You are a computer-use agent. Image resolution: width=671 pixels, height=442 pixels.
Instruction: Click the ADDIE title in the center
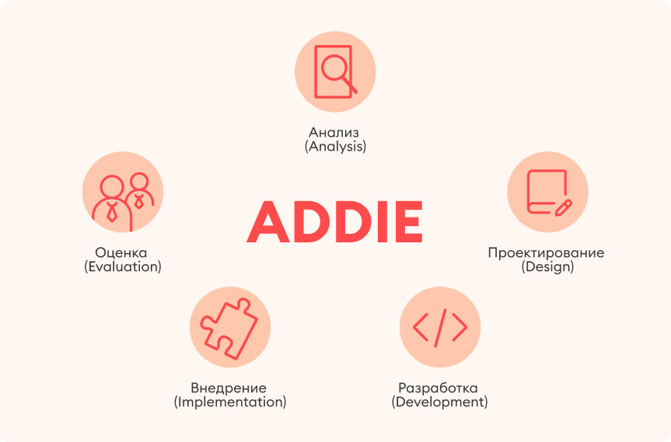335,222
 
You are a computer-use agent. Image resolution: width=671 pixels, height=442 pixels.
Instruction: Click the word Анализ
334,131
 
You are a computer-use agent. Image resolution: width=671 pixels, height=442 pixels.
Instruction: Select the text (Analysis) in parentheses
335,146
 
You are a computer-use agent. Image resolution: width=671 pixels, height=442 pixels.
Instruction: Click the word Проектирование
546,252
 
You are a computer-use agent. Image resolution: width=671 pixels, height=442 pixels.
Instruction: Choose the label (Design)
547,266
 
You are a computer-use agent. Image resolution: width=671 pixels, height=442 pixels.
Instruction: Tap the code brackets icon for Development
439,329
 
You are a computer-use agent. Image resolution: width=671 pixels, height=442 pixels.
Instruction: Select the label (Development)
439,402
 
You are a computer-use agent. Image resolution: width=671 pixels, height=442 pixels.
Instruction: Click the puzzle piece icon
229,325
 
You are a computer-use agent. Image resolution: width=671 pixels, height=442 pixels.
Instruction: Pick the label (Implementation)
230,402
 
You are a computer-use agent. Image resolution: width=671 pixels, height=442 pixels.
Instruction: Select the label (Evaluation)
122,266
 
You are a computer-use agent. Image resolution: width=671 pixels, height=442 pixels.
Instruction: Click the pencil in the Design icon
563,207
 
